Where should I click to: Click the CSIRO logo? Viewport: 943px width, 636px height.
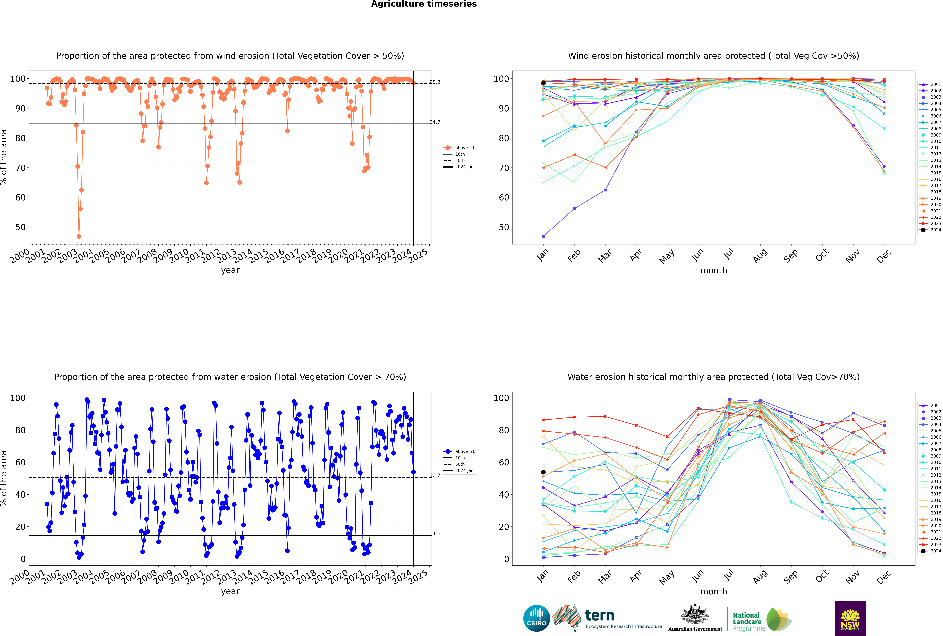pos(536,618)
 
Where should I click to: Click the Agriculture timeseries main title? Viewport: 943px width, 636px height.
pos(424,4)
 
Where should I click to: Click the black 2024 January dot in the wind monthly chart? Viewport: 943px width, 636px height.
pos(543,83)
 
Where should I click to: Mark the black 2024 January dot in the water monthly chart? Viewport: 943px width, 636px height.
pos(543,472)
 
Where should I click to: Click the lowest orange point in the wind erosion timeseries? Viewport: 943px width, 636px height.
pos(79,236)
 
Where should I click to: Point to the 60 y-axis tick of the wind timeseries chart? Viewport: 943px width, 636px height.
pos(20,198)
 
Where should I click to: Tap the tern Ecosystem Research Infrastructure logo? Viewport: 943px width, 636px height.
pos(608,618)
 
